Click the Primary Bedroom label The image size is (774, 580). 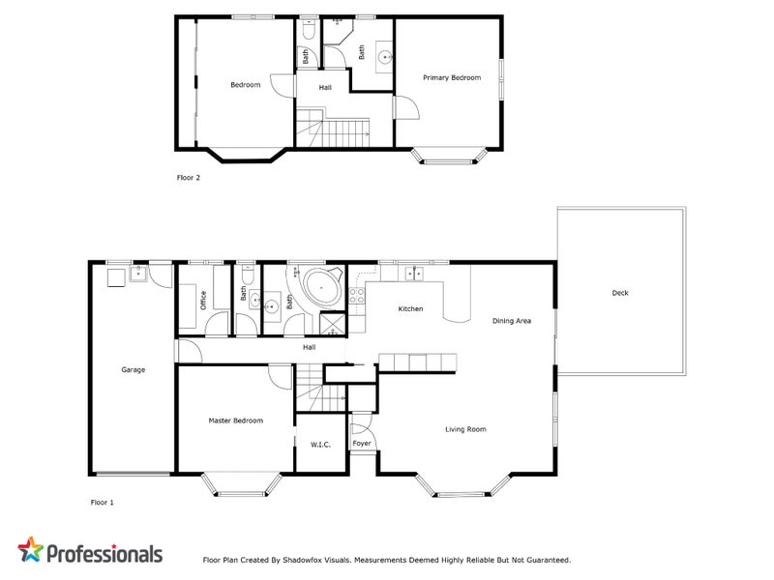pos(451,77)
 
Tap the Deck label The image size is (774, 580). pos(620,293)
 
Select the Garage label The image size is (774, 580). pos(133,369)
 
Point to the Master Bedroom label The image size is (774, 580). pos(236,420)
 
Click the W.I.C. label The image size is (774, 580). pos(321,445)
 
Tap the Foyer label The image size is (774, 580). pos(362,444)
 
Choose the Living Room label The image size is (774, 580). pos(465,429)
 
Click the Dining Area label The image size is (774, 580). pos(512,321)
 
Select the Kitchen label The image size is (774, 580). pos(411,308)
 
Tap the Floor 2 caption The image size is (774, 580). pos(188,178)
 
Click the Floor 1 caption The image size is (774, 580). pos(103,503)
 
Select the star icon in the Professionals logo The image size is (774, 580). pos(32,551)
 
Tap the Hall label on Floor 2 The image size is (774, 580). pos(326,87)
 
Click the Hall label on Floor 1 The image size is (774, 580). pos(310,347)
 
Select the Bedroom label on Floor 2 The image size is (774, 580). pos(245,85)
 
